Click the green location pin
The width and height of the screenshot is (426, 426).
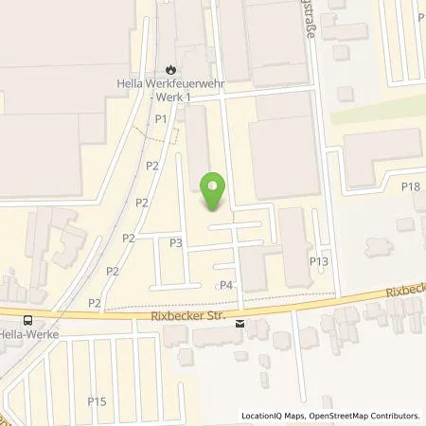pos(215,191)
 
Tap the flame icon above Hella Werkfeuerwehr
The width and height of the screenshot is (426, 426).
pos(169,69)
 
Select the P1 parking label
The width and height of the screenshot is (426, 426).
pos(161,118)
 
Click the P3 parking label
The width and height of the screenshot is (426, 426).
pos(176,242)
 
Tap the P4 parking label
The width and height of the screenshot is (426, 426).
pos(226,285)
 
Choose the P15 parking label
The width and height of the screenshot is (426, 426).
pos(97,401)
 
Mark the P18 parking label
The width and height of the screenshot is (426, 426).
pos(410,186)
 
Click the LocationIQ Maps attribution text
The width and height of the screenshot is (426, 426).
pos(277,416)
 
